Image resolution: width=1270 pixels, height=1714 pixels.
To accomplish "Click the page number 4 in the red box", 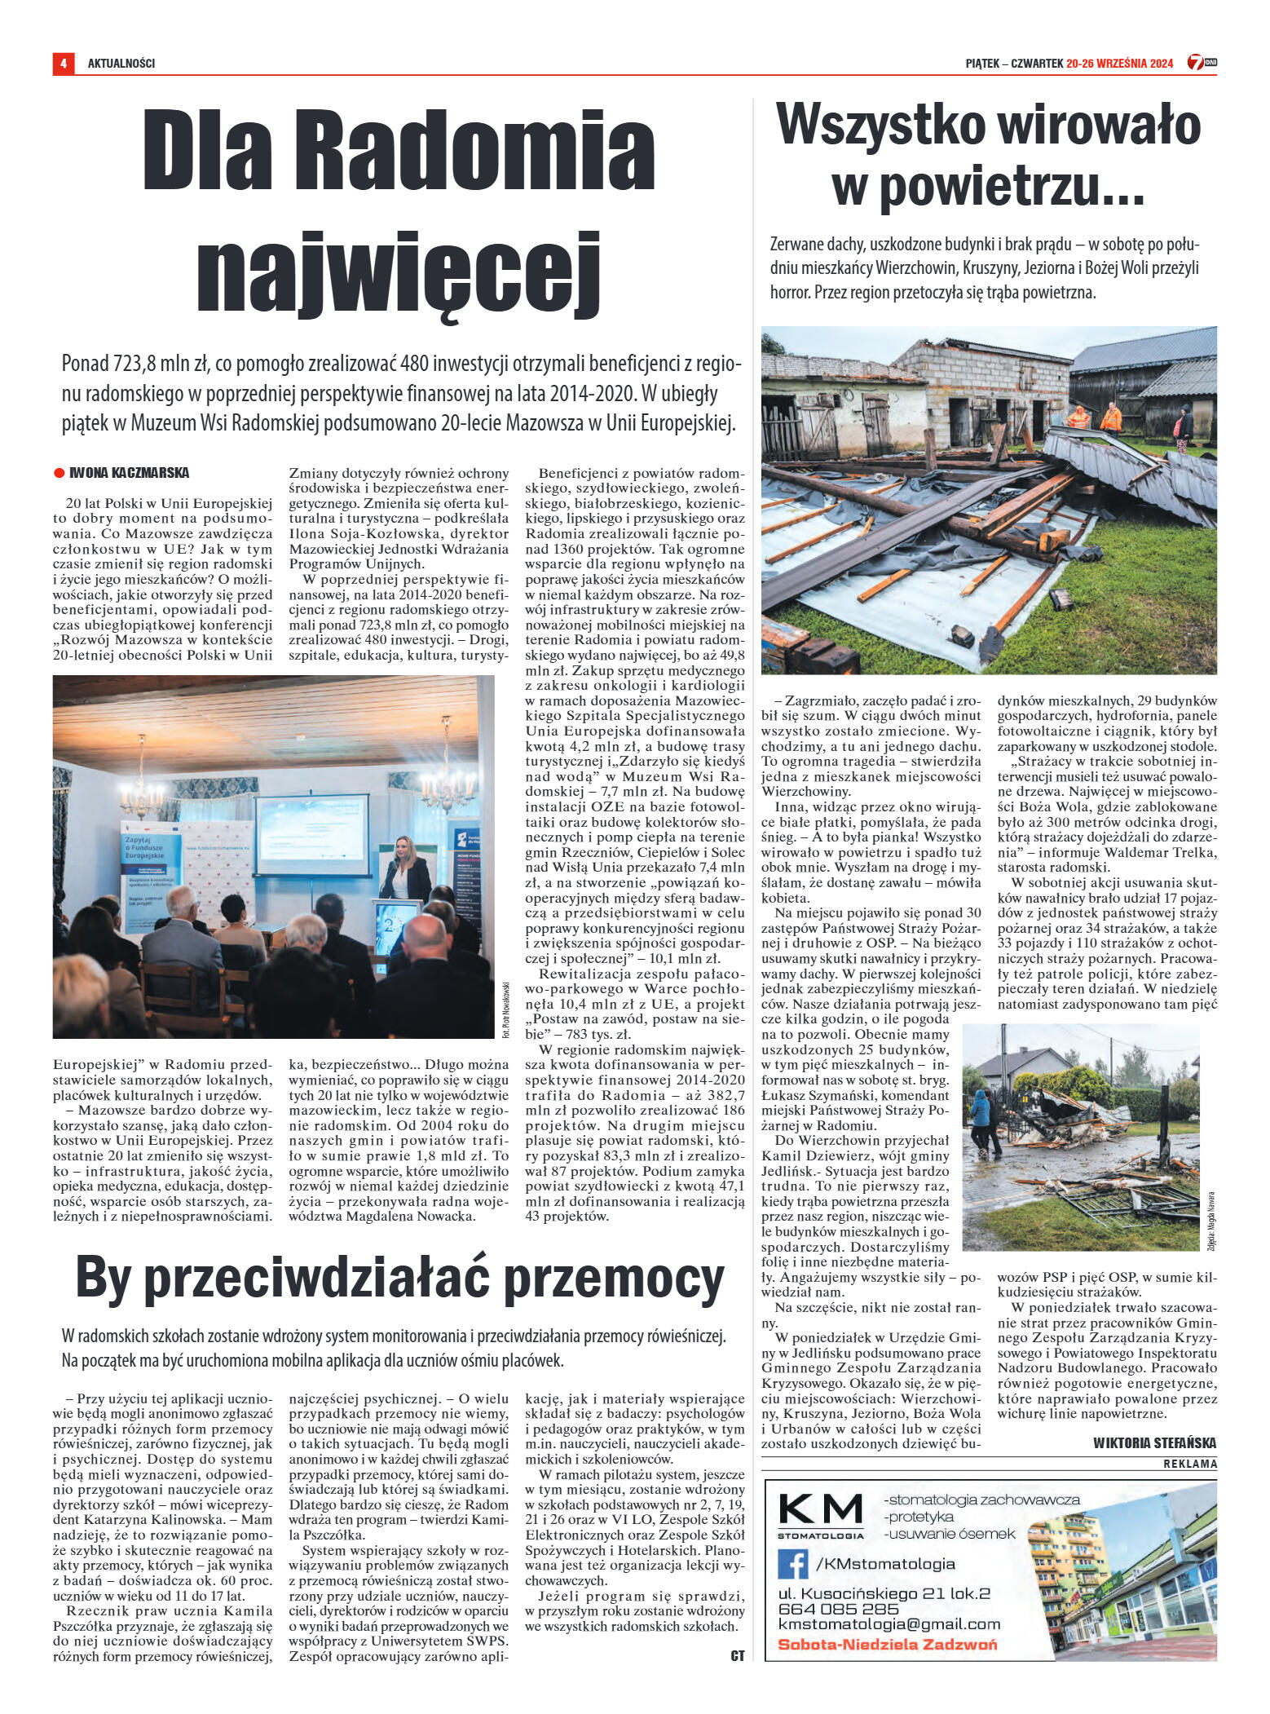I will click(x=63, y=63).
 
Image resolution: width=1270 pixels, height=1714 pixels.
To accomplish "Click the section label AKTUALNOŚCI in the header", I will click(x=121, y=63).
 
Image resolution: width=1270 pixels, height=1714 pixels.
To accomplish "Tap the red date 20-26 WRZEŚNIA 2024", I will click(x=1119, y=63).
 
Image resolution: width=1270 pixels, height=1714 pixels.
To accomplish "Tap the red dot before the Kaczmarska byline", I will click(x=59, y=473).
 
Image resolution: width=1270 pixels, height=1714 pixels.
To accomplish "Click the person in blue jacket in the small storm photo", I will click(x=981, y=1118).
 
